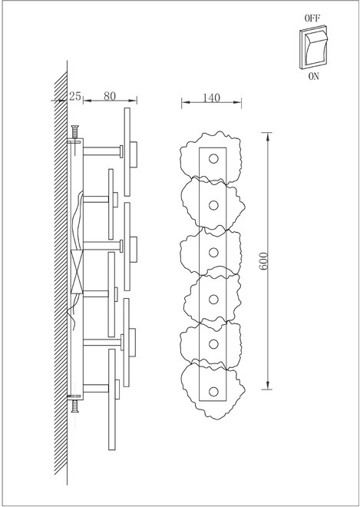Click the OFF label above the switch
point(312,18)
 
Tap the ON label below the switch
point(313,77)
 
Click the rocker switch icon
point(313,47)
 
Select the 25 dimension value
point(75,96)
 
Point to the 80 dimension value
point(110,96)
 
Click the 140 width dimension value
point(211,98)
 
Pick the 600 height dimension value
point(264,261)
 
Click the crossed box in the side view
point(77,272)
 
